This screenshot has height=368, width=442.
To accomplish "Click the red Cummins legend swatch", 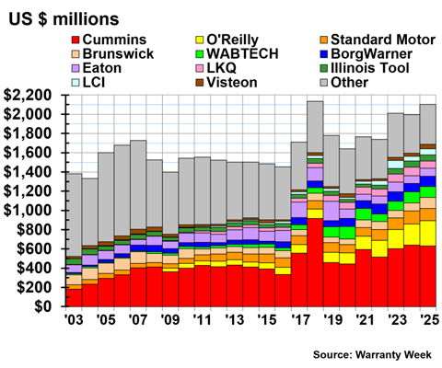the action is tap(76, 40).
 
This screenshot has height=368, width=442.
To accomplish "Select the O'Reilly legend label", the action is tap(232, 40).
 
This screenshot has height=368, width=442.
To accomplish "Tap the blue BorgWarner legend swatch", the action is tap(323, 54).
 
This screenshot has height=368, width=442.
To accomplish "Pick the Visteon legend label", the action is tap(232, 83).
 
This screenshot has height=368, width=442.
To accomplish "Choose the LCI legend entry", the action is tap(88, 83).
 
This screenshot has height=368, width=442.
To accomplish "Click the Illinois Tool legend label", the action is tap(370, 68).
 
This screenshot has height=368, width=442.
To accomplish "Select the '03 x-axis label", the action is tap(74, 320).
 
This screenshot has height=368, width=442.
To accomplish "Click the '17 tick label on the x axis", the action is tap(300, 320).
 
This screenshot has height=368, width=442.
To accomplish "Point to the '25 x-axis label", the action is tap(428, 320).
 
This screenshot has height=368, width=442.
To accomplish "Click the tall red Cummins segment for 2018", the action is tap(315, 262).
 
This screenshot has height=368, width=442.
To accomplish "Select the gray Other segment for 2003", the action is tap(74, 215).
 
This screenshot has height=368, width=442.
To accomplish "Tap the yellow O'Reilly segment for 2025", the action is tap(428, 233).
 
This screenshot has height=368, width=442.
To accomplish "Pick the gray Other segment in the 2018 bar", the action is tap(315, 127).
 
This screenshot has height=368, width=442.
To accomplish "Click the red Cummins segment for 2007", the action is tap(138, 287).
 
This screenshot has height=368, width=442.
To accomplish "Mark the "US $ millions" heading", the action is tap(64, 19).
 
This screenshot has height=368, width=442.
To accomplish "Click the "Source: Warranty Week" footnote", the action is tap(372, 355).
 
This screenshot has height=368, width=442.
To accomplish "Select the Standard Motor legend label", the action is tap(383, 40).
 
